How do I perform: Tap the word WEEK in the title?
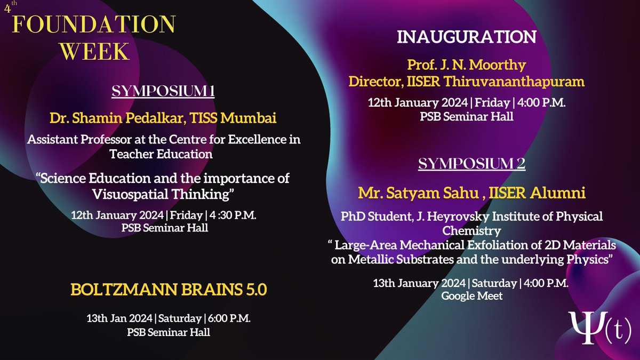pos(94,52)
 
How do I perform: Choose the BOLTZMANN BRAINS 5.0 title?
pos(168,291)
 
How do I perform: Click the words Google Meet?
pos(471,295)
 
